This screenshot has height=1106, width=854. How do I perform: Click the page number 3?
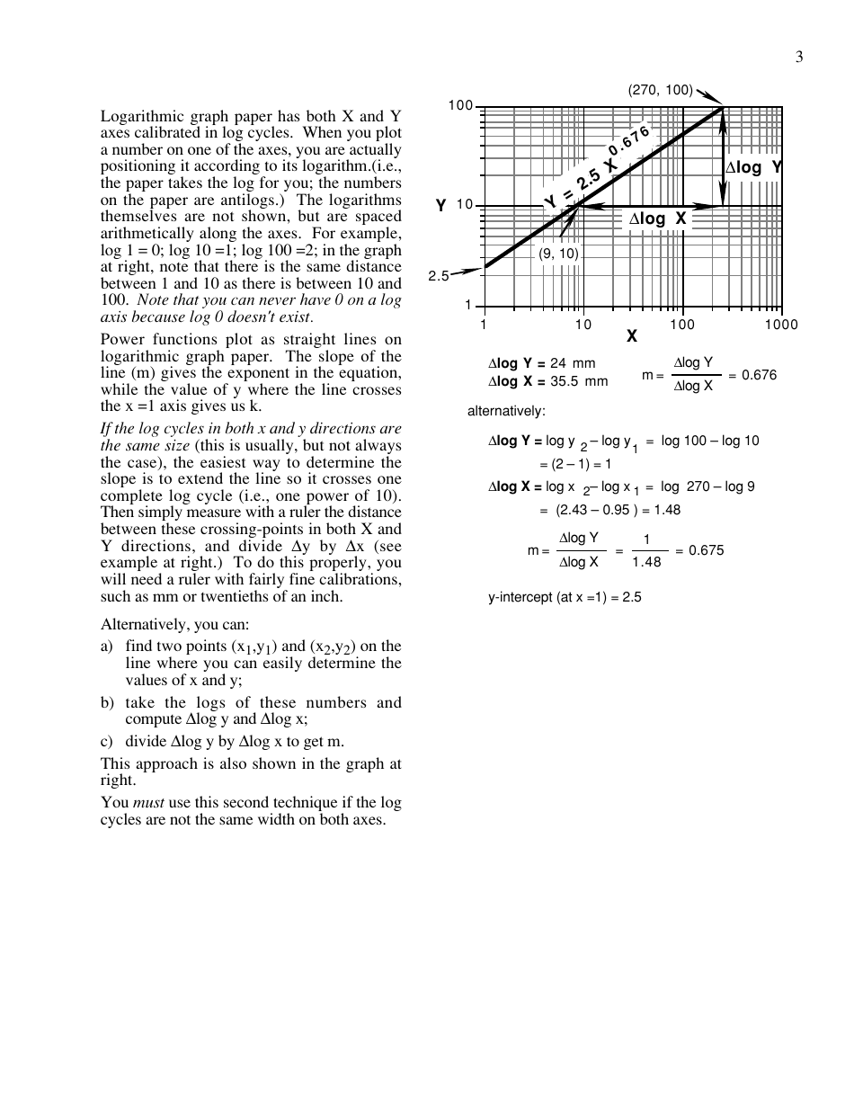[798, 58]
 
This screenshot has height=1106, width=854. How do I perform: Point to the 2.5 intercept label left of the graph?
[438, 276]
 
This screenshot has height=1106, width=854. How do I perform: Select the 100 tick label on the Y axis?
[460, 106]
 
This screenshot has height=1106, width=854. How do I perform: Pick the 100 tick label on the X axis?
[682, 325]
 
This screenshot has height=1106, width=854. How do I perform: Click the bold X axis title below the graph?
[632, 336]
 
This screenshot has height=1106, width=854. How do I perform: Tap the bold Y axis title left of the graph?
[441, 206]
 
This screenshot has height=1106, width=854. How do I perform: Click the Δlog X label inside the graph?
[657, 219]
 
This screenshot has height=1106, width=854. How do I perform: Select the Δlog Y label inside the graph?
[753, 167]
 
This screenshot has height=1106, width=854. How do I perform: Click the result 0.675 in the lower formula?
[706, 550]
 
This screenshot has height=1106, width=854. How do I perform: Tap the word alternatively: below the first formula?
[506, 412]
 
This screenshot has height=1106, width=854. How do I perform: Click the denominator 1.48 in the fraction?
[646, 562]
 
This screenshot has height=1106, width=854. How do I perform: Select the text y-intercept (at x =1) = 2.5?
[565, 596]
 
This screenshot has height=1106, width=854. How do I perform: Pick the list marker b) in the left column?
[107, 702]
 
